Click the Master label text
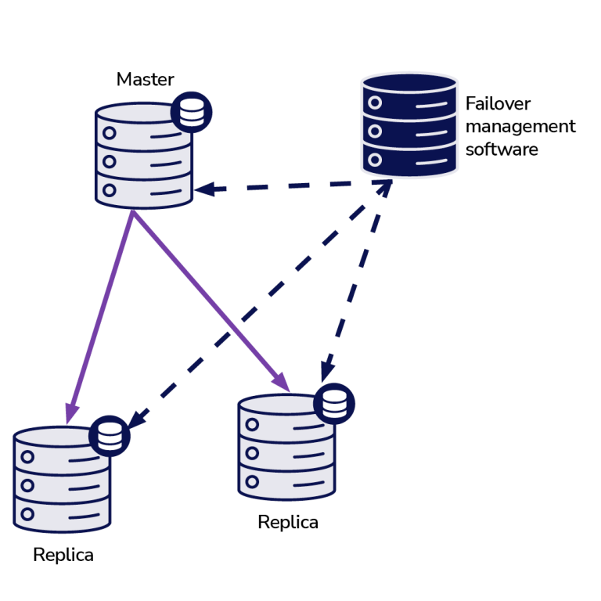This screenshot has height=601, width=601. (x=145, y=79)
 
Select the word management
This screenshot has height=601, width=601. (x=520, y=126)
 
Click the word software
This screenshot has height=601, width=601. (x=502, y=149)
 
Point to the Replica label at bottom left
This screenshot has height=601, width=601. (x=63, y=555)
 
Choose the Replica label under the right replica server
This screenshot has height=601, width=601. (x=288, y=522)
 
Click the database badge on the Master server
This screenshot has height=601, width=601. (x=191, y=112)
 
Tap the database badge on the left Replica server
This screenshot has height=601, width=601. (x=110, y=436)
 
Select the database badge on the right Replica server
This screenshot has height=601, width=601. (x=334, y=404)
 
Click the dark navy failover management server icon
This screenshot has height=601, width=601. (x=409, y=125)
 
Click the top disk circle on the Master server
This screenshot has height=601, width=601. (x=110, y=134)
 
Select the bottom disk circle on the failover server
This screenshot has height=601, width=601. (x=375, y=160)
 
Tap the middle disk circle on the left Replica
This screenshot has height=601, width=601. (x=27, y=486)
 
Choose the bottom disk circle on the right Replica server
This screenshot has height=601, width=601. (x=252, y=481)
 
